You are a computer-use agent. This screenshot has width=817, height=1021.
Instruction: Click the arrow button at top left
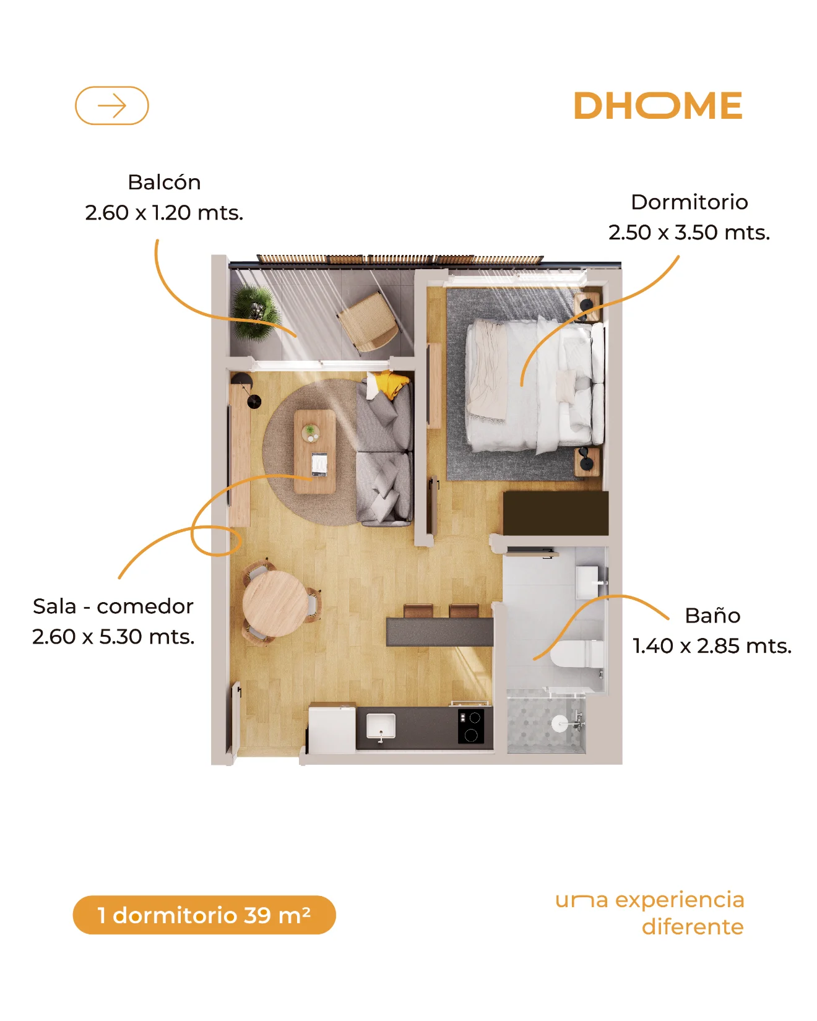coord(112,106)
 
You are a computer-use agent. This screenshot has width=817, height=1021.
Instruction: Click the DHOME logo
coord(658,106)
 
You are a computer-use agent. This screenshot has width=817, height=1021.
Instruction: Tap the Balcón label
coord(164,183)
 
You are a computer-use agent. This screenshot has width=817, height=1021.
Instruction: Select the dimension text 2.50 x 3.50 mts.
coord(689,233)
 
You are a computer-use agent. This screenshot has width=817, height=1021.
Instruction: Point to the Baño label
coord(712,616)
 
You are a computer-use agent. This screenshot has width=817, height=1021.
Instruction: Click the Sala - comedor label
coord(113,606)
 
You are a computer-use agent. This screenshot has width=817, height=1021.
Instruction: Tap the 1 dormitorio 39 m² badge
coord(204,915)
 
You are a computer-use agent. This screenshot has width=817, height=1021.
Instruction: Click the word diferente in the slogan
coord(693,927)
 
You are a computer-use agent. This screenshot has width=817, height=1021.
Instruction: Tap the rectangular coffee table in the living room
coord(314,451)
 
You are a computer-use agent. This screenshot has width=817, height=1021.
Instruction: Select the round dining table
coord(275,604)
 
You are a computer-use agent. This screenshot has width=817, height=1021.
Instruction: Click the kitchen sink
coord(381,726)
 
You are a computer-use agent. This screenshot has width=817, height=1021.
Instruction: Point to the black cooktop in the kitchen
coord(471,726)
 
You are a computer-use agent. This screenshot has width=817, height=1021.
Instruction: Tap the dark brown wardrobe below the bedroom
coord(556,514)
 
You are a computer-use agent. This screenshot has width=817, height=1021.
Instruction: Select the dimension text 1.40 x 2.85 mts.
coord(712,646)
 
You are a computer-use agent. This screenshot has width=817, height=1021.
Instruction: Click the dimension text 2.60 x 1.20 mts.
coord(164,213)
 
